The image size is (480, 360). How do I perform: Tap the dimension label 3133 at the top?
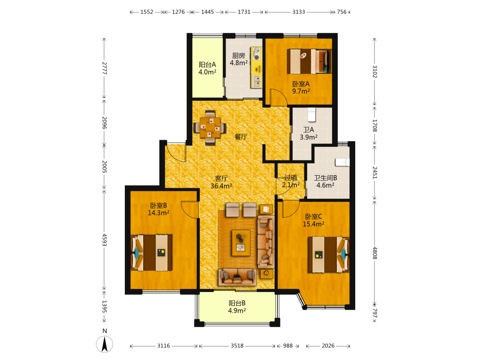pyautogui.click(x=299, y=12)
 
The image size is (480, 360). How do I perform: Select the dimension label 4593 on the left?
pyautogui.click(x=104, y=240)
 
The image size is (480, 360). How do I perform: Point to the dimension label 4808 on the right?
pyautogui.click(x=375, y=253)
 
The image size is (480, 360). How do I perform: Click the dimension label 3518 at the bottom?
pyautogui.click(x=237, y=346)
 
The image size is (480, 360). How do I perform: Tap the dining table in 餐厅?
pyautogui.click(x=210, y=127)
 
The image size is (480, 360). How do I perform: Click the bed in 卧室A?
pyautogui.click(x=309, y=61)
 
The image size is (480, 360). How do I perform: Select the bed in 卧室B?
pyautogui.click(x=151, y=252)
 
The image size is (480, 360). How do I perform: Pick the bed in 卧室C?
pyautogui.click(x=328, y=254)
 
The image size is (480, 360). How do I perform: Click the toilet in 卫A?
pyautogui.click(x=312, y=115)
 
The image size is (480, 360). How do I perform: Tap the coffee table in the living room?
pyautogui.click(x=241, y=243)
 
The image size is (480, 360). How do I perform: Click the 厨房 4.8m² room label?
pyautogui.click(x=239, y=59)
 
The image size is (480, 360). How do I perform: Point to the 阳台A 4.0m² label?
pyautogui.click(x=207, y=68)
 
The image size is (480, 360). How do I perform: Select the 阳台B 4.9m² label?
pyautogui.click(x=237, y=307)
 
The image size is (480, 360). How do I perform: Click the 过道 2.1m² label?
pyautogui.click(x=290, y=181)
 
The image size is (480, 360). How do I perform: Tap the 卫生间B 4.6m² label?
pyautogui.click(x=325, y=181)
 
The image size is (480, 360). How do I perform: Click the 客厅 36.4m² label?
pyautogui.click(x=221, y=182)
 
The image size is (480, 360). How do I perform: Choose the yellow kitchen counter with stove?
pyautogui.click(x=256, y=68)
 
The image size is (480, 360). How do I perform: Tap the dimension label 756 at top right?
pyautogui.click(x=342, y=12)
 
